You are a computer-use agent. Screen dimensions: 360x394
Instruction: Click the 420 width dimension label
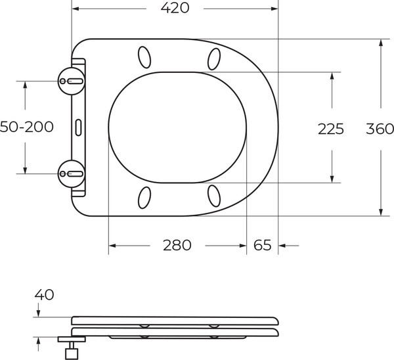175,9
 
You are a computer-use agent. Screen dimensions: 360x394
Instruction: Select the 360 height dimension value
380,128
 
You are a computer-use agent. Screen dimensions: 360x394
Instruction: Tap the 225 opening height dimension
331,129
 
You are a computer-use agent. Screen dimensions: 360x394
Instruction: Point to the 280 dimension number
177,246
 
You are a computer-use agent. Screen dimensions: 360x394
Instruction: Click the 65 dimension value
262,246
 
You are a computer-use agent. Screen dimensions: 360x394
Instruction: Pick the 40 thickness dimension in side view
45,295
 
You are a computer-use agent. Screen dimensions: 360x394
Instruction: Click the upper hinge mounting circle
72,81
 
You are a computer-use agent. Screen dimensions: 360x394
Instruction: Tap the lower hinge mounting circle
72,173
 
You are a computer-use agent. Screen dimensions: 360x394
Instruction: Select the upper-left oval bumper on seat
144,56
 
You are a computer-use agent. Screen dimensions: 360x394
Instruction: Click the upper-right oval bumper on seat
214,59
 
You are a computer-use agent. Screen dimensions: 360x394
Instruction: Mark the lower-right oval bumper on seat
214,195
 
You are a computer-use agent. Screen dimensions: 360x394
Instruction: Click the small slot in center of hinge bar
79,126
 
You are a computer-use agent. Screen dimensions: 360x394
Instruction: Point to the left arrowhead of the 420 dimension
75,9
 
